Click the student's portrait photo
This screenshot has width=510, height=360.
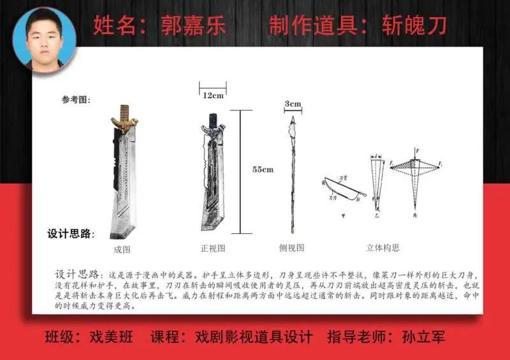(45, 38)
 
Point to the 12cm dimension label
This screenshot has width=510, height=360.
(213, 96)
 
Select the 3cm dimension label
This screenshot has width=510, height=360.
(293, 103)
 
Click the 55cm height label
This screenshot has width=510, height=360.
(263, 169)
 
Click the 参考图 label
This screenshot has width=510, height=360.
(76, 99)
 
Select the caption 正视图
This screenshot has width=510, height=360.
(213, 248)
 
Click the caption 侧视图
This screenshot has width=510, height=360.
(293, 248)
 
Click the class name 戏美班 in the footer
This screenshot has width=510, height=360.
(112, 336)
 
